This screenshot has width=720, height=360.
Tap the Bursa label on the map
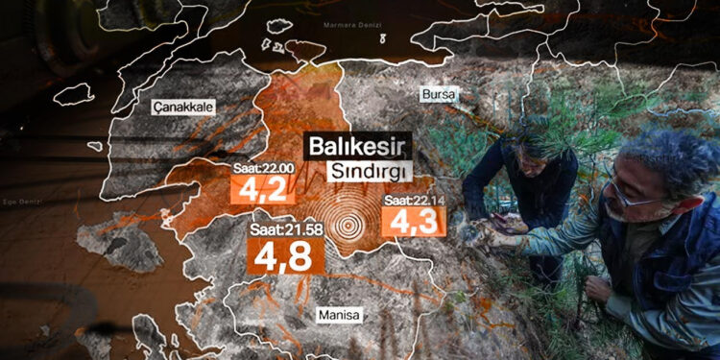(440, 94)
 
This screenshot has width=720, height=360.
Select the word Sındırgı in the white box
(366, 171)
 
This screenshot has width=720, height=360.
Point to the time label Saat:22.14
(411, 200)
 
